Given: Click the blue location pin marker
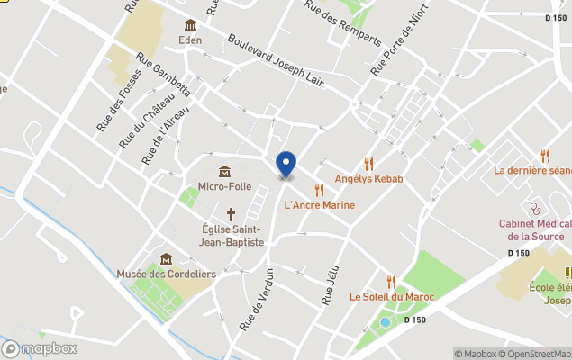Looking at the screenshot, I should pyautogui.click(x=286, y=165).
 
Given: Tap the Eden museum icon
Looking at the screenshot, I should pyautogui.click(x=190, y=25).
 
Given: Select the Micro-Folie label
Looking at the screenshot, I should pyautogui.click(x=223, y=186).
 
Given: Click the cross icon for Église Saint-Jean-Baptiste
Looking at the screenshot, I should pyautogui.click(x=232, y=214).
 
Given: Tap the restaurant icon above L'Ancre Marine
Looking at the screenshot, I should pyautogui.click(x=319, y=190).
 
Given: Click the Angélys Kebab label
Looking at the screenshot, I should pyautogui.click(x=368, y=179).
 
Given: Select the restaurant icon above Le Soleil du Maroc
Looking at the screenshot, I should pyautogui.click(x=391, y=282).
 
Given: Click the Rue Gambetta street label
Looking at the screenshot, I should pyautogui.click(x=164, y=72).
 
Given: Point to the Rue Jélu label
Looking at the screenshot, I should pyautogui.click(x=328, y=286).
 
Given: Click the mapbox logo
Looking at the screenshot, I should pyautogui.click(x=40, y=348).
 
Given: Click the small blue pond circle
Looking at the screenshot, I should pyautogui.click(x=386, y=321).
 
